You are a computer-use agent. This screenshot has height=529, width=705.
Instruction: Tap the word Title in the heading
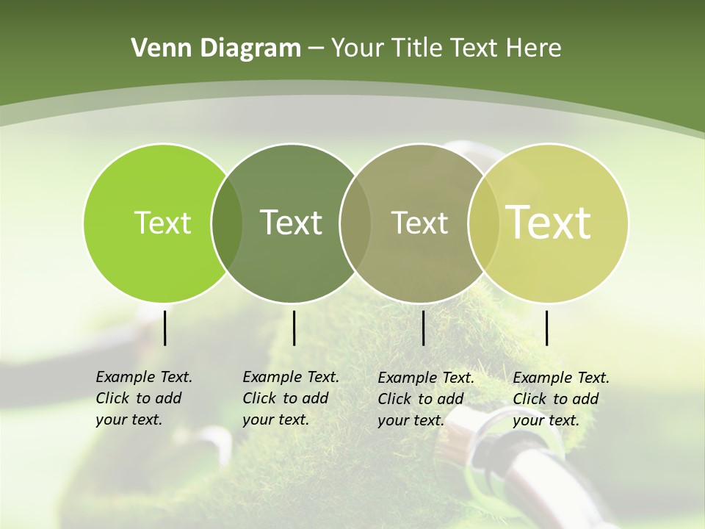tap(419, 48)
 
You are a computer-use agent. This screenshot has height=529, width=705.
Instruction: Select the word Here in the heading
tap(534, 48)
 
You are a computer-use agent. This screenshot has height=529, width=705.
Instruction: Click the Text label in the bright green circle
tap(162, 223)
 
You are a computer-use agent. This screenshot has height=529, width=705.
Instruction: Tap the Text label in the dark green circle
tap(291, 223)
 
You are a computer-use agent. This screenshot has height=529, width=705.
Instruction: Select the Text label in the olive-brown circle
tap(419, 223)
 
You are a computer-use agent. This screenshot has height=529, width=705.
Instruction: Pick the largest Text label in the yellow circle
tap(549, 223)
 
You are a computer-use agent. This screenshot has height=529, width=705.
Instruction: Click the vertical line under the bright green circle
tap(164, 328)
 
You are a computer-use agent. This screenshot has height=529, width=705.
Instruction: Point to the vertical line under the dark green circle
tap(294, 328)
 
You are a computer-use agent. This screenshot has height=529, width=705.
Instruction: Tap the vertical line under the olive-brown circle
tap(423, 328)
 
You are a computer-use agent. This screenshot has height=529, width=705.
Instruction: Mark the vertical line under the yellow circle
tap(547, 328)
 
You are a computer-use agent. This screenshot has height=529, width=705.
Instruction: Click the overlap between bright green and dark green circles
tap(227, 223)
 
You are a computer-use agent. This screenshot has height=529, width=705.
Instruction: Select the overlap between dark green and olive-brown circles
tap(355, 223)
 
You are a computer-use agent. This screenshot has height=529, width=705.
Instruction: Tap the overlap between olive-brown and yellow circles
tap(484, 223)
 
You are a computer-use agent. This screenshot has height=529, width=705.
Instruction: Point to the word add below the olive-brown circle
tap(449, 399)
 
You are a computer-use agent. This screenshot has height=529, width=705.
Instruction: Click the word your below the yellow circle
tap(528, 421)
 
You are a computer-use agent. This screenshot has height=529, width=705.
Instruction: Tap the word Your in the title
tap(357, 48)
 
